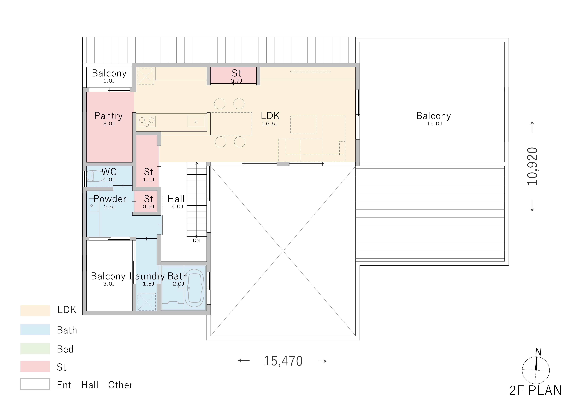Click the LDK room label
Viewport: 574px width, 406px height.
click(270, 116)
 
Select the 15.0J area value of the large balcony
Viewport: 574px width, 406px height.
click(434, 123)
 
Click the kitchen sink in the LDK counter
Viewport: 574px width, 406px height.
click(196, 122)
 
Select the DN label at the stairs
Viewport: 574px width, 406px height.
click(196, 241)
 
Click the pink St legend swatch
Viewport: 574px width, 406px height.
click(35, 367)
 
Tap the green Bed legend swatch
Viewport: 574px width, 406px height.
click(35, 349)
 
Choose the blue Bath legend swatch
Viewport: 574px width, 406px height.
click(35, 329)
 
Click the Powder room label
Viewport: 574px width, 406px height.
click(110, 199)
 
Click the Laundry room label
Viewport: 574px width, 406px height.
click(147, 276)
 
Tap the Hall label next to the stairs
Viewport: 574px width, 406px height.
click(176, 199)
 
